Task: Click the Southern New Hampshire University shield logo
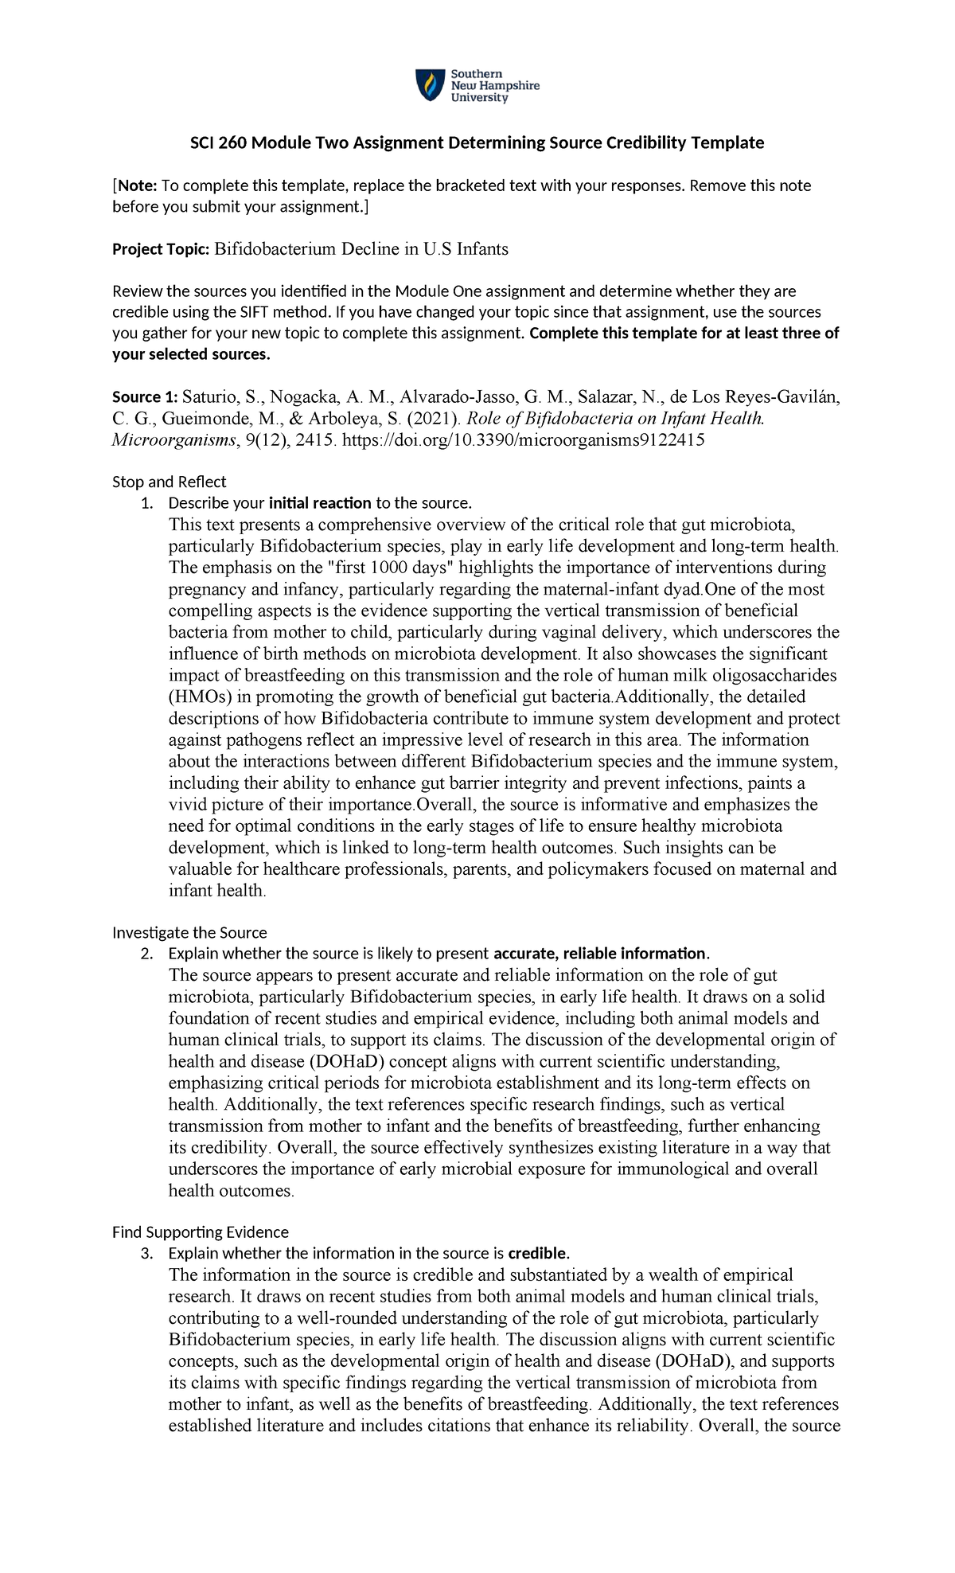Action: pyautogui.click(x=431, y=85)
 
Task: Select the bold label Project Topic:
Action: pyautogui.click(x=160, y=249)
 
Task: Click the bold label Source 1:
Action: pyautogui.click(x=146, y=397)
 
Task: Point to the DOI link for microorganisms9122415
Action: pyautogui.click(x=523, y=440)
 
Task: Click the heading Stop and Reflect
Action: pyautogui.click(x=169, y=482)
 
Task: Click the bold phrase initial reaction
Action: pyautogui.click(x=320, y=503)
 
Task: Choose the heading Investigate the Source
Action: pyautogui.click(x=189, y=932)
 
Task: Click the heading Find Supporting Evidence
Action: pyautogui.click(x=200, y=1232)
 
